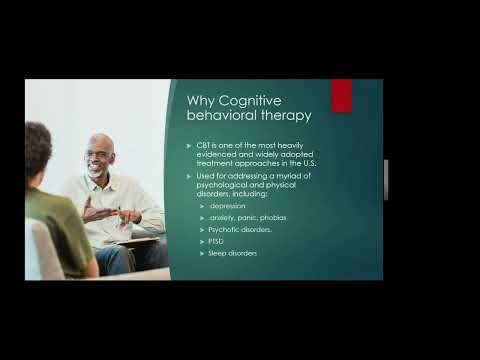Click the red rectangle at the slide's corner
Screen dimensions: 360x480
[x=342, y=96]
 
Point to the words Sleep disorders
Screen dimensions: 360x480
[x=233, y=253]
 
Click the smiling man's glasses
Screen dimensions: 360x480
[x=99, y=155]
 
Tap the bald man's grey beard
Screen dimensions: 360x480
[x=97, y=173]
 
